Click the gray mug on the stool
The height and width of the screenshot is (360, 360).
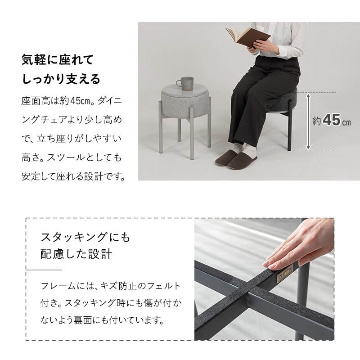click(185, 84)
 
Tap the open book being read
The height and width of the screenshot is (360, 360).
click(247, 37)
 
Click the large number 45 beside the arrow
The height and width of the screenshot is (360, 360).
click(332, 120)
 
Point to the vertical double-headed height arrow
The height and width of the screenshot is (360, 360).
click(308, 121)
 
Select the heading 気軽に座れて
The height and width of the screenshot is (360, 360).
click(58, 60)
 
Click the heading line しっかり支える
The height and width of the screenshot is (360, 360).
click(61, 79)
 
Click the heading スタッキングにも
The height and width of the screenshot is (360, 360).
click(85, 237)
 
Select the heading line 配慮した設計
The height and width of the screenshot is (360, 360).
click(76, 254)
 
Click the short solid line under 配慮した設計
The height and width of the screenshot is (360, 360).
click(44, 270)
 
